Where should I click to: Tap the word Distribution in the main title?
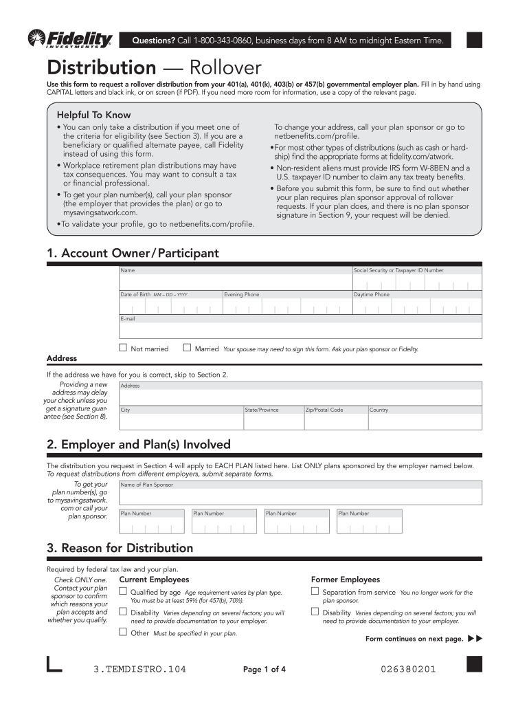point(101,68)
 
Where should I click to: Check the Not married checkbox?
point(123,348)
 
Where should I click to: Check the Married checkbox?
point(187,348)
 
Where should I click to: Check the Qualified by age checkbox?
point(123,591)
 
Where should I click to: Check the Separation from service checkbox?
point(315,591)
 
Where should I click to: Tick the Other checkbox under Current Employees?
point(123,632)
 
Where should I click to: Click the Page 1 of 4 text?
point(264,670)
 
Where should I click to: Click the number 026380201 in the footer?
point(407,669)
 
